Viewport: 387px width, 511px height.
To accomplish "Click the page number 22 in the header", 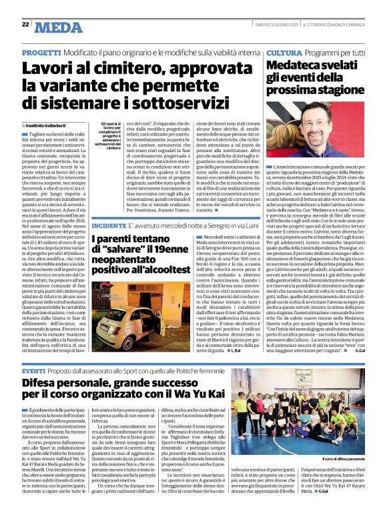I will click(x=25, y=24).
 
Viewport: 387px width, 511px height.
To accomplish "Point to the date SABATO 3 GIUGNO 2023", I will click(x=271, y=25).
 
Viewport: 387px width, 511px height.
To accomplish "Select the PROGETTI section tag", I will click(x=43, y=52).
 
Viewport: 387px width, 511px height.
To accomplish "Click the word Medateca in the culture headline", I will click(x=294, y=65).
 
